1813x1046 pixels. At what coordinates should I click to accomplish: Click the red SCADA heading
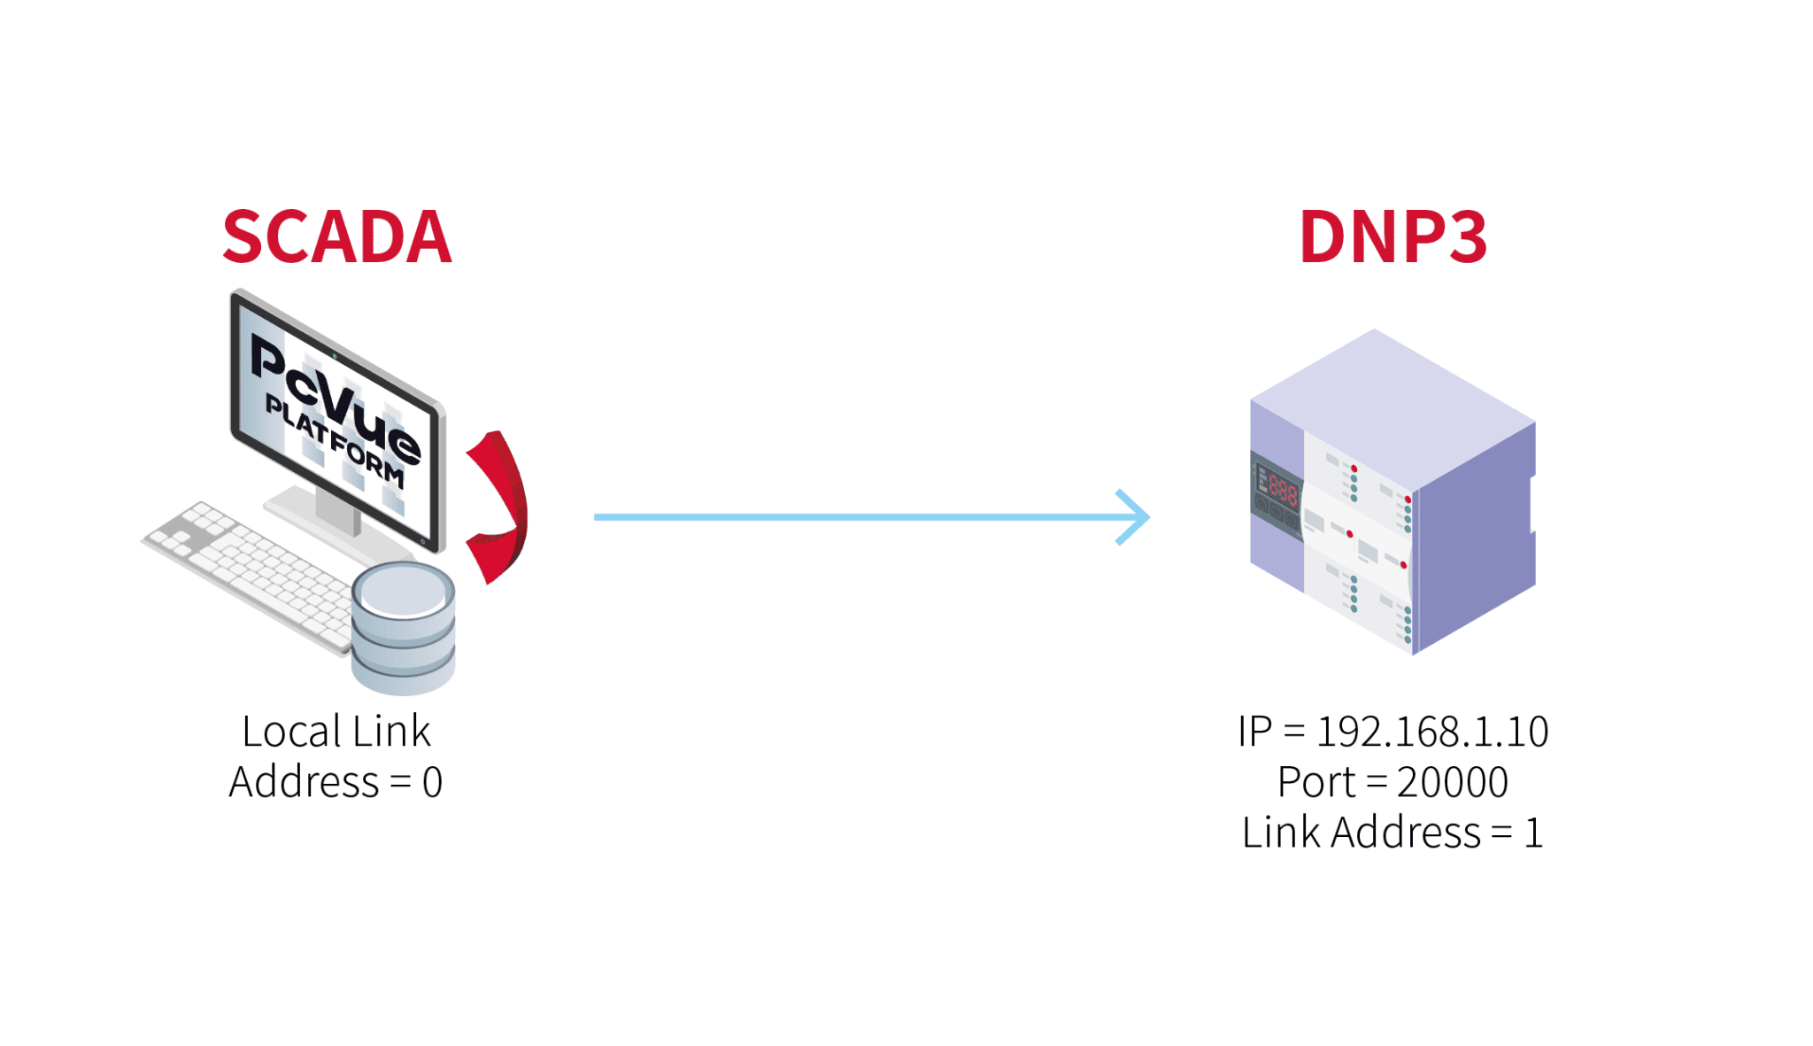pyautogui.click(x=336, y=237)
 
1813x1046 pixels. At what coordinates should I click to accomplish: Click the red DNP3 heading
pyautogui.click(x=1393, y=237)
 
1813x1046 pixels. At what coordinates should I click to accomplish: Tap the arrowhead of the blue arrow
pyautogui.click(x=1135, y=516)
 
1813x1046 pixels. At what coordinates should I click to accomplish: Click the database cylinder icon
pyautogui.click(x=403, y=629)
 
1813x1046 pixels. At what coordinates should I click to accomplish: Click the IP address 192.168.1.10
pyautogui.click(x=1432, y=732)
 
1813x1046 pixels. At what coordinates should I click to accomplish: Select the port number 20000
pyautogui.click(x=1452, y=782)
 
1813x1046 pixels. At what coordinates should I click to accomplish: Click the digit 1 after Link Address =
pyautogui.click(x=1533, y=833)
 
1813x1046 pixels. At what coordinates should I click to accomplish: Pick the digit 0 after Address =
pyautogui.click(x=432, y=783)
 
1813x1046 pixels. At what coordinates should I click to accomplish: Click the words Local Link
pyautogui.click(x=336, y=732)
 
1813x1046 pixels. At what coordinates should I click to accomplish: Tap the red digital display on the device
pyautogui.click(x=1282, y=488)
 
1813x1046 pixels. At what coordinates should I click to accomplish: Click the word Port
pyautogui.click(x=1315, y=782)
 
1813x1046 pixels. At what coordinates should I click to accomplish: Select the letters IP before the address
pyautogui.click(x=1254, y=732)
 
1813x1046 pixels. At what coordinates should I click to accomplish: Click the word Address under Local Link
pyautogui.click(x=304, y=783)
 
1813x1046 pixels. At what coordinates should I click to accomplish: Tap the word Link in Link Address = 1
pyautogui.click(x=1280, y=833)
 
